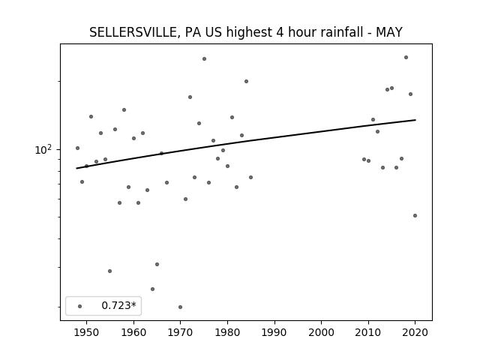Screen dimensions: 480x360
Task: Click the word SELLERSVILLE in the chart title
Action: (x=133, y=32)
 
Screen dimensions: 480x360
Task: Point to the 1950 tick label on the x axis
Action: (x=87, y=332)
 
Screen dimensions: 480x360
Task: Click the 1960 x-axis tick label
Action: (x=133, y=332)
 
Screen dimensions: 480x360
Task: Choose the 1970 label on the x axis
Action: (x=181, y=332)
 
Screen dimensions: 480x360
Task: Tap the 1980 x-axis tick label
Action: (x=227, y=332)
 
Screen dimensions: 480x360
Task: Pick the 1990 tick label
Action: (x=274, y=332)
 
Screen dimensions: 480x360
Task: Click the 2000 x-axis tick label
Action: (x=322, y=332)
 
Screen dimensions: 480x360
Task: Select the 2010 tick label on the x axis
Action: (x=368, y=332)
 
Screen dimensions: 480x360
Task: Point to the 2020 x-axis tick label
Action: (x=415, y=332)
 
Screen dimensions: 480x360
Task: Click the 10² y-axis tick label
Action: (x=43, y=150)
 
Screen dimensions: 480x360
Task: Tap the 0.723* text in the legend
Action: (x=118, y=305)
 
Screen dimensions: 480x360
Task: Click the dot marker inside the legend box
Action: (x=80, y=306)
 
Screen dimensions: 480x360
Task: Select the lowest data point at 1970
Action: (x=180, y=307)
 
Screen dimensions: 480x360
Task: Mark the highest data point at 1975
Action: (x=204, y=58)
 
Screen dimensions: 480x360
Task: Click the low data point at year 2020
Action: (x=415, y=215)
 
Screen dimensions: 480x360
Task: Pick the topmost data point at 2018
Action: (x=406, y=57)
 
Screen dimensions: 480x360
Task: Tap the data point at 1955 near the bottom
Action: (x=110, y=271)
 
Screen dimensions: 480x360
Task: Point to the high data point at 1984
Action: (x=246, y=82)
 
